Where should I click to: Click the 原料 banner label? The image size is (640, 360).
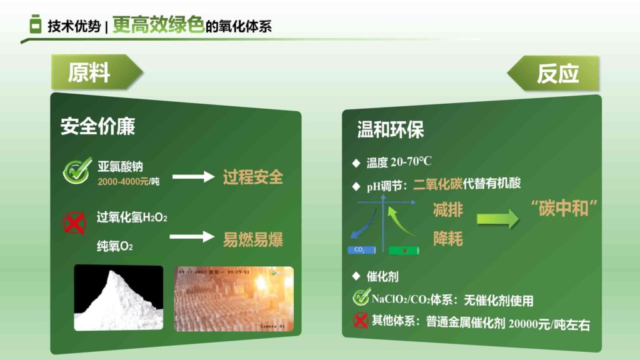click(x=89, y=73)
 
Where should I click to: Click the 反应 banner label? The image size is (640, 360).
click(x=557, y=73)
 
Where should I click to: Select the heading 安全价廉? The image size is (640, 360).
click(x=97, y=126)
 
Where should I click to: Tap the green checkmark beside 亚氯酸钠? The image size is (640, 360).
click(x=77, y=171)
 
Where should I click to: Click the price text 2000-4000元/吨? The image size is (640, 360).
click(x=128, y=181)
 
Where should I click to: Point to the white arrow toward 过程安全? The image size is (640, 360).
click(x=193, y=177)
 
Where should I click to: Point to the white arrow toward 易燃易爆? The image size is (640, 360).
click(x=192, y=237)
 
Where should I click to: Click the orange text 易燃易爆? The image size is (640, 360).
click(x=253, y=239)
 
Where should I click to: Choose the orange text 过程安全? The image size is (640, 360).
click(x=253, y=177)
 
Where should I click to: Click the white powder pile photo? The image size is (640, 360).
click(x=118, y=298)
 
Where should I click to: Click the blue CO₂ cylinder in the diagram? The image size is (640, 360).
click(x=361, y=250)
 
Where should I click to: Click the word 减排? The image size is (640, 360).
click(x=448, y=210)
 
